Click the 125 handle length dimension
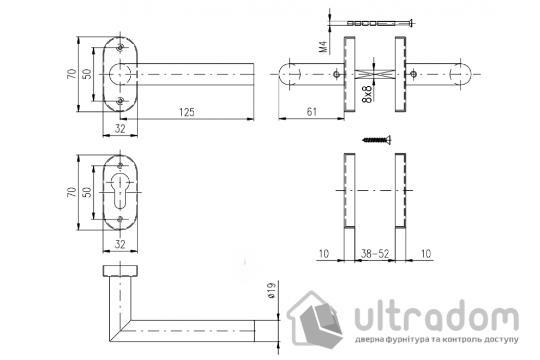(187, 112)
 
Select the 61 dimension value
(311, 112)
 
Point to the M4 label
(323, 47)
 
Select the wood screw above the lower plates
(377, 140)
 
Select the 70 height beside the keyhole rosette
(70, 192)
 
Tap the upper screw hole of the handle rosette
(121, 47)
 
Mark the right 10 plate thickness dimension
(426, 254)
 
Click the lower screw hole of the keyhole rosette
(121, 219)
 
